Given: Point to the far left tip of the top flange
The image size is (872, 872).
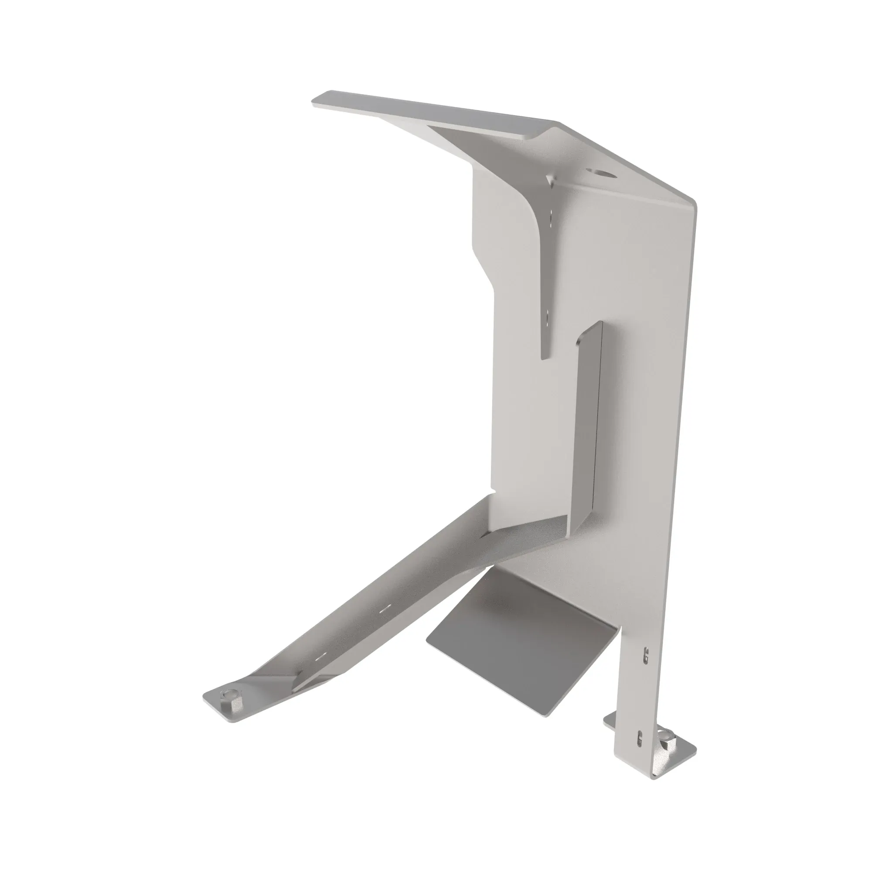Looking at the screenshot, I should [315, 102].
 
